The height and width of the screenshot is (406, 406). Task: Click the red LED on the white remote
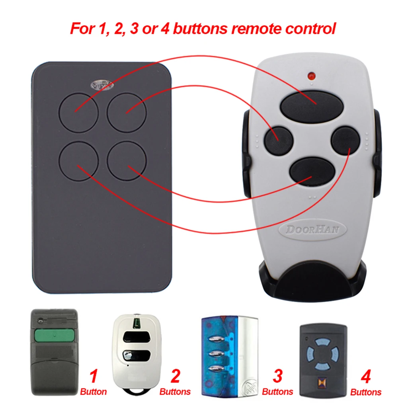click(311, 75)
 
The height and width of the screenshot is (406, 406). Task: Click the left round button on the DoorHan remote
click(279, 140)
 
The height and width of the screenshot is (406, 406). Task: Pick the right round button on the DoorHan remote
click(345, 141)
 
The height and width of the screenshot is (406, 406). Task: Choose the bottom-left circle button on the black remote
click(78, 161)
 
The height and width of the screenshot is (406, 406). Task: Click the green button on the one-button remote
click(54, 335)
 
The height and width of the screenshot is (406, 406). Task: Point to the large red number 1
click(93, 375)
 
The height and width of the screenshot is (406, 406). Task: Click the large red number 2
click(175, 375)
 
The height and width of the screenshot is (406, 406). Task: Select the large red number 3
click(277, 375)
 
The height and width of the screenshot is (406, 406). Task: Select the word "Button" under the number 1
click(94, 392)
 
